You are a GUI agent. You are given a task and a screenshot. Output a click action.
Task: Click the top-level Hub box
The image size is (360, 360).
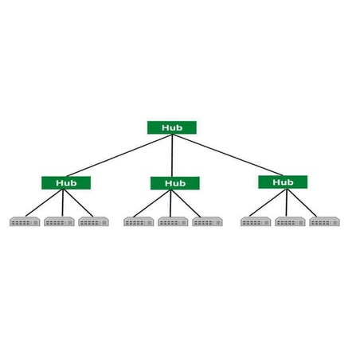(172, 127)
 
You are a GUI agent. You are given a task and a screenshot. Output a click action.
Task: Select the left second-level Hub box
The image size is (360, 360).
(66, 183)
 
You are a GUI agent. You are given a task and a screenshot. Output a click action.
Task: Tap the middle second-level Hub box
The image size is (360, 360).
(175, 183)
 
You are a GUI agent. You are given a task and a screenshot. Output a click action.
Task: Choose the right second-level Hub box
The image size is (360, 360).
(283, 182)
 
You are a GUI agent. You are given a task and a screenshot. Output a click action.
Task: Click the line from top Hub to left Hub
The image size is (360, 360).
(119, 155)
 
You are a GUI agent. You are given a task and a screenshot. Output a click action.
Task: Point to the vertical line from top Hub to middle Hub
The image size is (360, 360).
(172, 155)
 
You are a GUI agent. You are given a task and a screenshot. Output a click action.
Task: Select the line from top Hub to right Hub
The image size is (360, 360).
(228, 155)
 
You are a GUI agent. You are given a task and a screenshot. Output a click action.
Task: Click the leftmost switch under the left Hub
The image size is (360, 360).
(25, 221)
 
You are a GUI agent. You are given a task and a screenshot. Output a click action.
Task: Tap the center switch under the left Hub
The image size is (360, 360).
(59, 221)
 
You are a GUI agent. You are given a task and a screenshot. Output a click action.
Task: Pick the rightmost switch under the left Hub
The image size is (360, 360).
(94, 221)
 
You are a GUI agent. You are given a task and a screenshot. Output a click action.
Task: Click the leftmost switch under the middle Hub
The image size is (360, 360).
(139, 221)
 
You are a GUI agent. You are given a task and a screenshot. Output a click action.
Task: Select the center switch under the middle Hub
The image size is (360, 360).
(173, 221)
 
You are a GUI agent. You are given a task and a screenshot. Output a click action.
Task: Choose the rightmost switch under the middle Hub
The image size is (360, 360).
(208, 221)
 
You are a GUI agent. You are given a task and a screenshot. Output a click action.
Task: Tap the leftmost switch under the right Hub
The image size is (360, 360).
(256, 221)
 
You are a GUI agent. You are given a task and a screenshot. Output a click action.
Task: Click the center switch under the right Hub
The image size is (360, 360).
(290, 221)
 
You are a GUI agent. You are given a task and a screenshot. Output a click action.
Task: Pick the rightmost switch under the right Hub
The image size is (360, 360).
(325, 221)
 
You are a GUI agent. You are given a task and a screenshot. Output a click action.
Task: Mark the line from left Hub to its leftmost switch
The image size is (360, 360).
(45, 203)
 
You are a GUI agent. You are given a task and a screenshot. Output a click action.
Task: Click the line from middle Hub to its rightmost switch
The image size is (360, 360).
(186, 203)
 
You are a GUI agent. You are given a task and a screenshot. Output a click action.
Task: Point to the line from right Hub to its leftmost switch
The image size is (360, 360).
(268, 202)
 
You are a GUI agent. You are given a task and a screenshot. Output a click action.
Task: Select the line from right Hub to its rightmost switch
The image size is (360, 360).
(302, 202)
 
